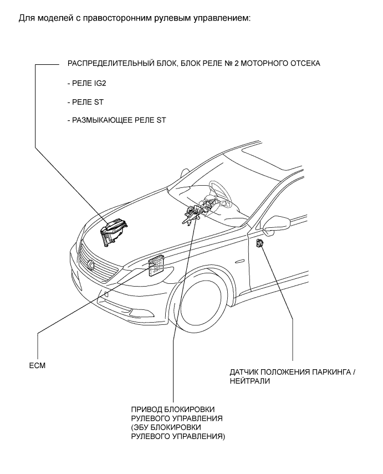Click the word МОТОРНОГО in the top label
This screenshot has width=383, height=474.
(x=263, y=63)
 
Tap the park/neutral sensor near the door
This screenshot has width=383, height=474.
(x=261, y=243)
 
